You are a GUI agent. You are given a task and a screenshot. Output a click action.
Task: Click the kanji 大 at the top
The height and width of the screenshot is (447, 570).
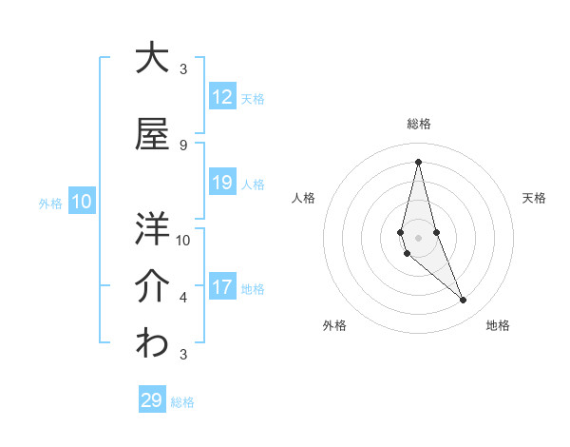[152, 58]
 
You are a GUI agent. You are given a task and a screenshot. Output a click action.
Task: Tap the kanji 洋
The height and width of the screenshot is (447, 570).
[152, 228]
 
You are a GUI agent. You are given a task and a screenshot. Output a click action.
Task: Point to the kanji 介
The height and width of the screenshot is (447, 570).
[152, 285]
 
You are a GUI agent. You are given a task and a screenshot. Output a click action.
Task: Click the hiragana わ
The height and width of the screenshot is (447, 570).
[152, 344]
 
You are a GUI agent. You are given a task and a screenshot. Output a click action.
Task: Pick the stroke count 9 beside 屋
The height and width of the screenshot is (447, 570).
[183, 145]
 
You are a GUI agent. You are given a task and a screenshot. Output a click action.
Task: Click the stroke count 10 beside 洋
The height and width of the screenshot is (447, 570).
[183, 240]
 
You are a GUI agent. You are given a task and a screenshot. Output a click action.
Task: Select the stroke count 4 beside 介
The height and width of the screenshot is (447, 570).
[183, 298]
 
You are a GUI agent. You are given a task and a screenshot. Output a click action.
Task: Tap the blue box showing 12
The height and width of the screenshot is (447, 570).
[222, 97]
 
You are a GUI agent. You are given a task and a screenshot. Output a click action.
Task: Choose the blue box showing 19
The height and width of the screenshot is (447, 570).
[222, 183]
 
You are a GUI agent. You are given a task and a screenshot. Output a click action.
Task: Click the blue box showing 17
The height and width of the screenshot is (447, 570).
[222, 287]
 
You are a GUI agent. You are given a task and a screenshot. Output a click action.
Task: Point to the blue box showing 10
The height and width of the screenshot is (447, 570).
[82, 202]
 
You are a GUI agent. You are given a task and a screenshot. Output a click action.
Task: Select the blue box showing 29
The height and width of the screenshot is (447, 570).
[151, 400]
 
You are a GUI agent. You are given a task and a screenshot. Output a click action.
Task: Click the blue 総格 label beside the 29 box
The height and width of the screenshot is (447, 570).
[182, 402]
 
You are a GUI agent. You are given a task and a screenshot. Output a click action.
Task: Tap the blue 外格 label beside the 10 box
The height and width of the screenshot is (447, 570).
[50, 203]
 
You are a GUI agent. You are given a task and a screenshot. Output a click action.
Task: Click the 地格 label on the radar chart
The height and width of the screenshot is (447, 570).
[498, 325]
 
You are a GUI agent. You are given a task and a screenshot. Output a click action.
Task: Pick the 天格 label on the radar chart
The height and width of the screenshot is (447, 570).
[534, 198]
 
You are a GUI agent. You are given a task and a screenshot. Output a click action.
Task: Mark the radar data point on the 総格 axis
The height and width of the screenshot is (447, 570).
[418, 162]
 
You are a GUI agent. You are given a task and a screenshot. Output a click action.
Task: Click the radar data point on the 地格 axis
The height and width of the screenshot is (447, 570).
[464, 301]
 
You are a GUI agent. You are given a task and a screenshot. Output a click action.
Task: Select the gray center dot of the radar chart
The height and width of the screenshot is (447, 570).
[418, 237]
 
